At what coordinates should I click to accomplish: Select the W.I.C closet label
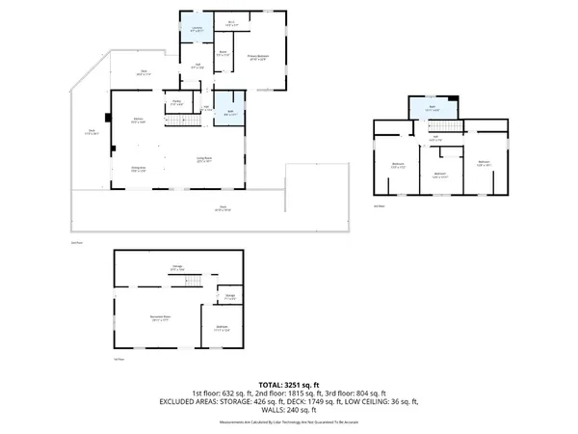231,23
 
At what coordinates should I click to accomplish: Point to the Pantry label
178,102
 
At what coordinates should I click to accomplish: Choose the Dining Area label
138,169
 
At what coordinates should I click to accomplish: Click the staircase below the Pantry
174,118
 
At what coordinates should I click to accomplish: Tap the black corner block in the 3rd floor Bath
454,100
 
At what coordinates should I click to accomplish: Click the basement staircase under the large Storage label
192,281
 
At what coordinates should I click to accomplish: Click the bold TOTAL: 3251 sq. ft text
289,383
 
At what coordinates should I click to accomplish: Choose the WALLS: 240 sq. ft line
289,409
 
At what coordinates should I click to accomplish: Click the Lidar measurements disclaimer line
289,421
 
